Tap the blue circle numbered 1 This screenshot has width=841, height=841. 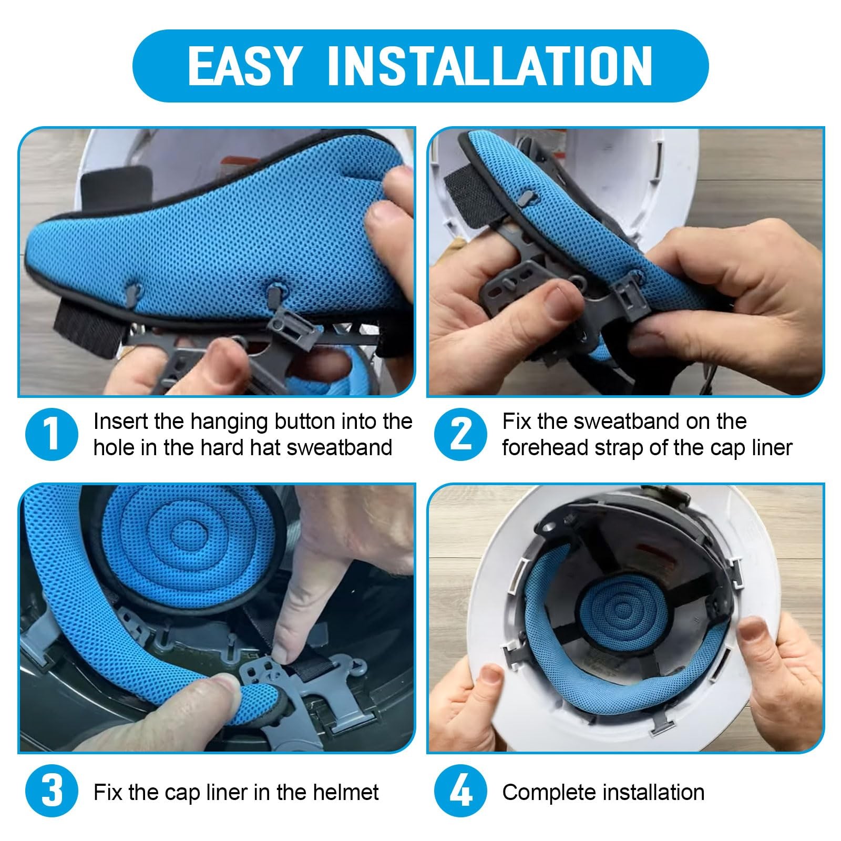52,435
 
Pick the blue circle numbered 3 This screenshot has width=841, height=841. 52,792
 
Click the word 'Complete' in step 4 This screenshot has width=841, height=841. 550,792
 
